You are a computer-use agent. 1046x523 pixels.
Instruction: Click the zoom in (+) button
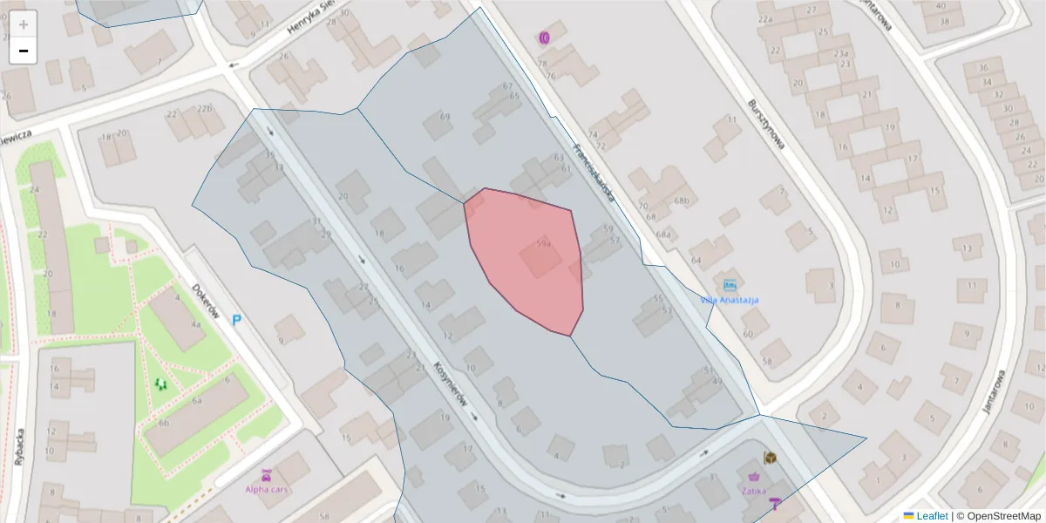point(24,24)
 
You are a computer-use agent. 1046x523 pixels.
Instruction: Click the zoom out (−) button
point(24,51)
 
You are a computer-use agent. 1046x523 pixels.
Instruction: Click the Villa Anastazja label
point(729,300)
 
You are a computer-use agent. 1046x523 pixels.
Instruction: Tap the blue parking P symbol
point(236,321)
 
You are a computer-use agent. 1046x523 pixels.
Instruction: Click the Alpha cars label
point(267,489)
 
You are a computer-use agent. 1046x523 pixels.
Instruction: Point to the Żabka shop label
point(754,490)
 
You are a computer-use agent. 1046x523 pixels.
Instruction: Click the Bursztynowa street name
point(766,124)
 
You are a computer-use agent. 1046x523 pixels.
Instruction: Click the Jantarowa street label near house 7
point(993,391)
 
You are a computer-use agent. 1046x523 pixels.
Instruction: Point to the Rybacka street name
point(19,446)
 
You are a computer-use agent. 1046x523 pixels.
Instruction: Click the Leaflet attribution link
point(931,516)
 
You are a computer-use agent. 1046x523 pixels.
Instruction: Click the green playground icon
point(160,383)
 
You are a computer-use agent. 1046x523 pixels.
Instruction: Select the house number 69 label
point(445,116)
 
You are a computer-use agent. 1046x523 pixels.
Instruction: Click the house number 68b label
point(681,201)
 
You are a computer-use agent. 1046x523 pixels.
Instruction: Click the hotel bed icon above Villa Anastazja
point(729,285)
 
